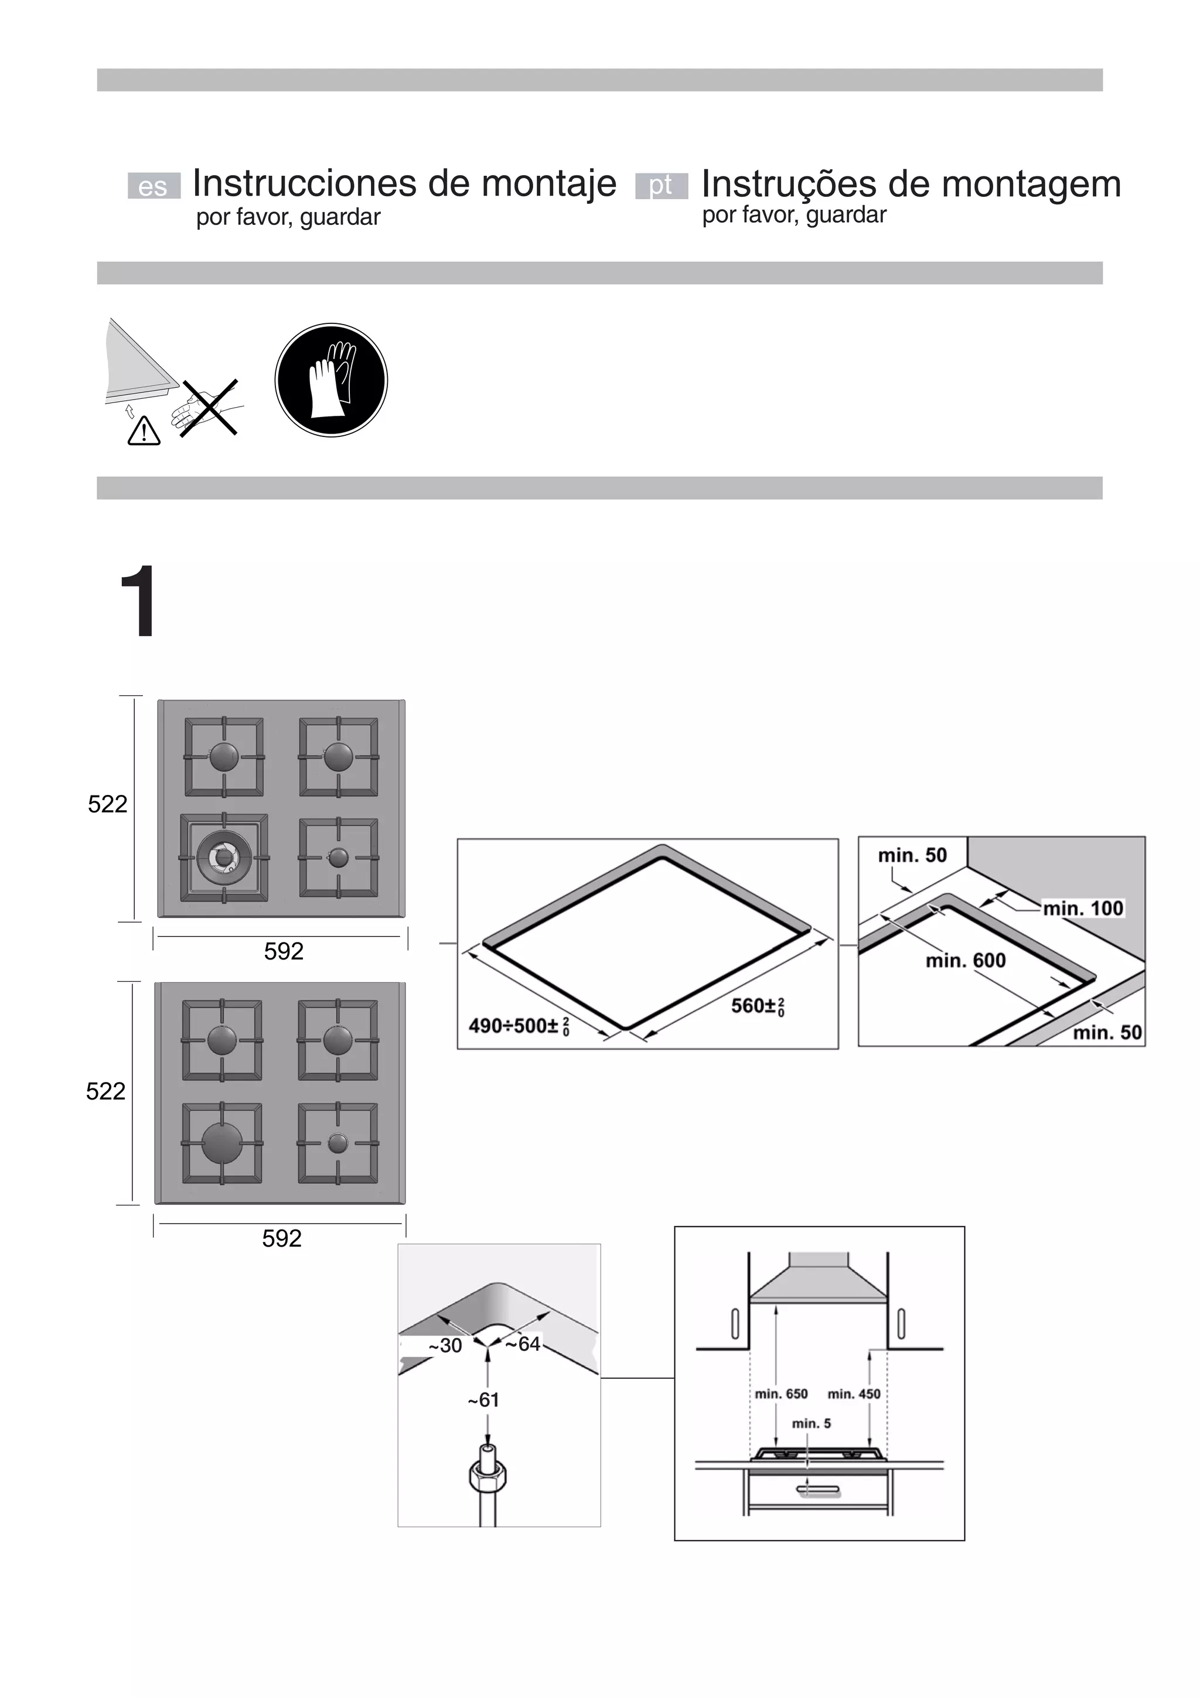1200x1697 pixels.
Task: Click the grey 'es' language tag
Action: (x=153, y=186)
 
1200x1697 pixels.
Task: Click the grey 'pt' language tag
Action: (x=661, y=186)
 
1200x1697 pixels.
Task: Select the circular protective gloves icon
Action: (x=331, y=380)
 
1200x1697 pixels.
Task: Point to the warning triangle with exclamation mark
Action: (x=144, y=431)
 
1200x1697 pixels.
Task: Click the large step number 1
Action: (x=138, y=601)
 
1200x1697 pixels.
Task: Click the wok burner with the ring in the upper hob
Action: (x=223, y=858)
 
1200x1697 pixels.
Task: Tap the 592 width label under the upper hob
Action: (x=284, y=951)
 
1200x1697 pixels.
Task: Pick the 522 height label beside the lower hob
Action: (x=105, y=1091)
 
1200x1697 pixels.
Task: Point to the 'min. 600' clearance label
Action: (x=966, y=960)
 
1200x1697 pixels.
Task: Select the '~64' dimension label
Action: (x=523, y=1344)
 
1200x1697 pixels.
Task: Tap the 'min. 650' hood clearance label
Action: (x=781, y=1394)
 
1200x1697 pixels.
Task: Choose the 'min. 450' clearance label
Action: (x=854, y=1394)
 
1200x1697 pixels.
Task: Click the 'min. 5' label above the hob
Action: (x=811, y=1423)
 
